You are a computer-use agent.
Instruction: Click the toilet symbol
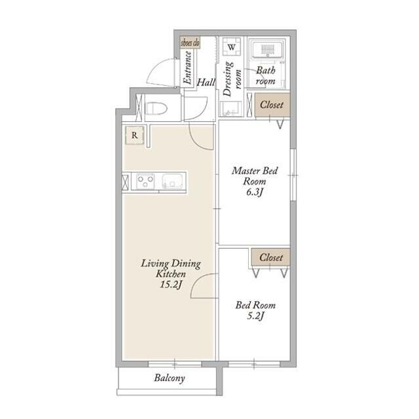pos(156,108)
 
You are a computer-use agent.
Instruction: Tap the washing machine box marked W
pos(231,46)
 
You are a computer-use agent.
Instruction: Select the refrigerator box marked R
pos(134,136)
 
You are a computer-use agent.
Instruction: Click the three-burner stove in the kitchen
pos(145,181)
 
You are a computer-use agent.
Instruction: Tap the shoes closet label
pos(190,43)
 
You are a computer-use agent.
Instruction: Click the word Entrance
pos(188,67)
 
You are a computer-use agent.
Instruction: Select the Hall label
pos(206,82)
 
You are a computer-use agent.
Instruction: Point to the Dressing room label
pos(232,79)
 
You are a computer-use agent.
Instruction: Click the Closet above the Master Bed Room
pos(272,105)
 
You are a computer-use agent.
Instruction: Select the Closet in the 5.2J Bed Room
pos(271,257)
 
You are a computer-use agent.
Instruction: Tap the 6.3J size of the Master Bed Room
pos(255,192)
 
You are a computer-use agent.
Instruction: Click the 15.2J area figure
pos(171,285)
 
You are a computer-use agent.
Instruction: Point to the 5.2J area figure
pos(255,316)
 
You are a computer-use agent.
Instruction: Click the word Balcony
pos(170,378)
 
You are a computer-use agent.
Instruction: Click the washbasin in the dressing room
pos(231,109)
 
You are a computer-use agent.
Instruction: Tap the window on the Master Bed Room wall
pos(293,175)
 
